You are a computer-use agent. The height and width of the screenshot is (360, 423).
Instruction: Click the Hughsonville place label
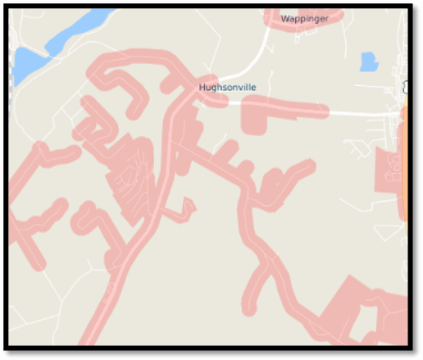click(227, 87)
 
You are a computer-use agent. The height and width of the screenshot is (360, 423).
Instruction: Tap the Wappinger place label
click(304, 18)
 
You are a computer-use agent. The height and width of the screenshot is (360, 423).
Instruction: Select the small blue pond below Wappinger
click(369, 62)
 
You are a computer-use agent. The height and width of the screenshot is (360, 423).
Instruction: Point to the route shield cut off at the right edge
click(405, 88)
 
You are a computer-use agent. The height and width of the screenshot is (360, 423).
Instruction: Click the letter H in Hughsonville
click(202, 87)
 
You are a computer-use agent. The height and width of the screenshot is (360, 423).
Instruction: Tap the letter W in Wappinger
click(284, 18)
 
